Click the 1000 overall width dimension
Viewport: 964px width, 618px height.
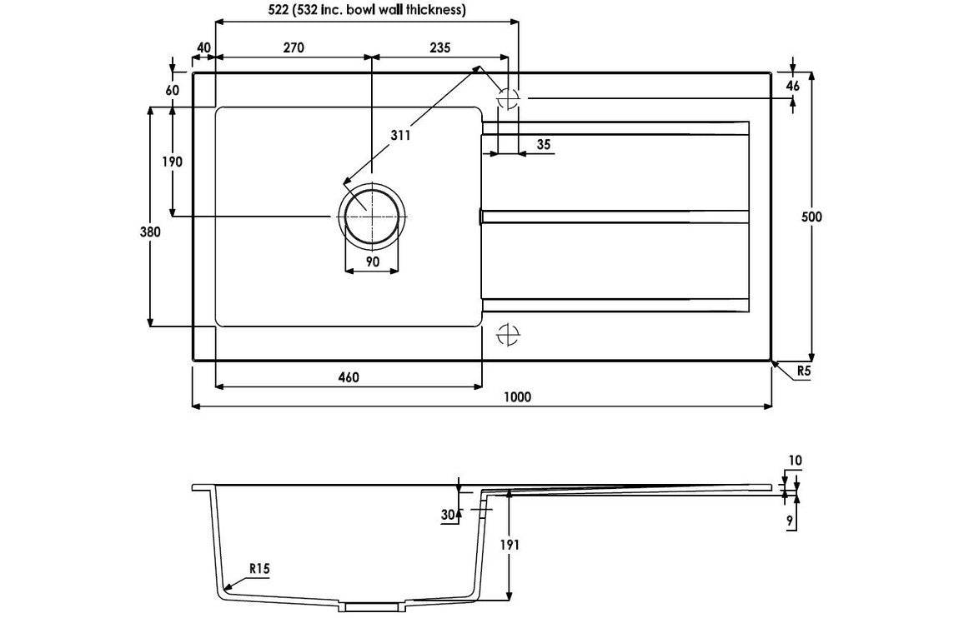click(x=517, y=396)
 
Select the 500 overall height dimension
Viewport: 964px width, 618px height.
click(x=812, y=217)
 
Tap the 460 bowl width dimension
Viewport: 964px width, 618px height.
click(x=348, y=377)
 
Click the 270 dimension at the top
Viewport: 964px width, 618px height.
click(x=293, y=47)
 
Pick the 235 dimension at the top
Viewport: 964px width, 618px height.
click(x=439, y=47)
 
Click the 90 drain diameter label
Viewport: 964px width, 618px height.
click(x=372, y=262)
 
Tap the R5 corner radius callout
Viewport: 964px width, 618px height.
click(x=802, y=372)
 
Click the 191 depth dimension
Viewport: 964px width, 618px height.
click(x=510, y=545)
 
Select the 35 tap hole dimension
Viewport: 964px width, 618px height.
click(x=544, y=144)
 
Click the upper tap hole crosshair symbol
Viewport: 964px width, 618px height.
click(x=508, y=97)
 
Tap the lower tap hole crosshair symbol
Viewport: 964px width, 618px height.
click(x=508, y=335)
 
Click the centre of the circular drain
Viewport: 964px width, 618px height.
click(x=372, y=216)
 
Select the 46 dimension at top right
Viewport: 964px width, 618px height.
click(x=792, y=85)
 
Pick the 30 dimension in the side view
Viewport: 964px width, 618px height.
click(x=448, y=515)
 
